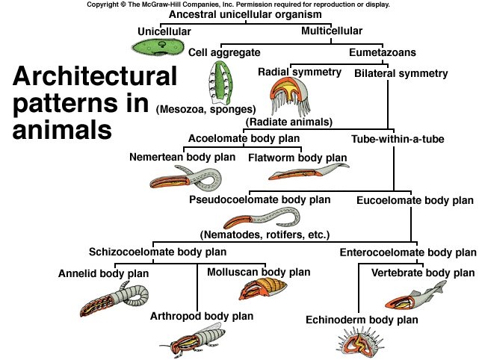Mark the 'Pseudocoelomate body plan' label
tap(259, 200)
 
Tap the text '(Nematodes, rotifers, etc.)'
tap(265, 235)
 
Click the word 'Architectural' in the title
tap(94, 76)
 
